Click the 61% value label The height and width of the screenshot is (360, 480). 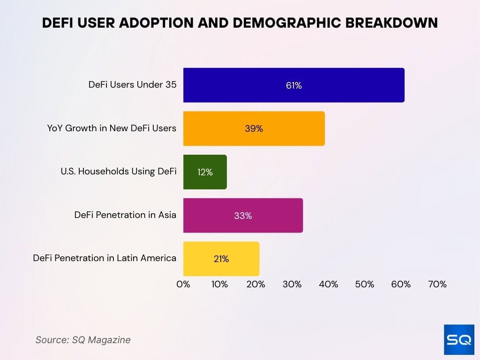point(294,86)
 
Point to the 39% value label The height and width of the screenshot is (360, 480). point(254,129)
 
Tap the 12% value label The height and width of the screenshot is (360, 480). point(205,172)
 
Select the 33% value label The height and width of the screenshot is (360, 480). point(243,216)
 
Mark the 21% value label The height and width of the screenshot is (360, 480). point(221,259)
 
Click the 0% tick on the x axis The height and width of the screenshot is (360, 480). point(183,284)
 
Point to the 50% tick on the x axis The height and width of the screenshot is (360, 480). point(365,284)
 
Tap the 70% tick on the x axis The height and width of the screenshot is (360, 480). point(437,284)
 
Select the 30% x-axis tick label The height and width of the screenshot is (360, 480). point(292,284)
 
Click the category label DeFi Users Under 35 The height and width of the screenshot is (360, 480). point(132,85)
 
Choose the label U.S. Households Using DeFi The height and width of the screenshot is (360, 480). point(118,172)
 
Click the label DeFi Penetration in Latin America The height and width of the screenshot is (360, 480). point(105,258)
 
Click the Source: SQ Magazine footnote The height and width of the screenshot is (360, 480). point(83,340)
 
